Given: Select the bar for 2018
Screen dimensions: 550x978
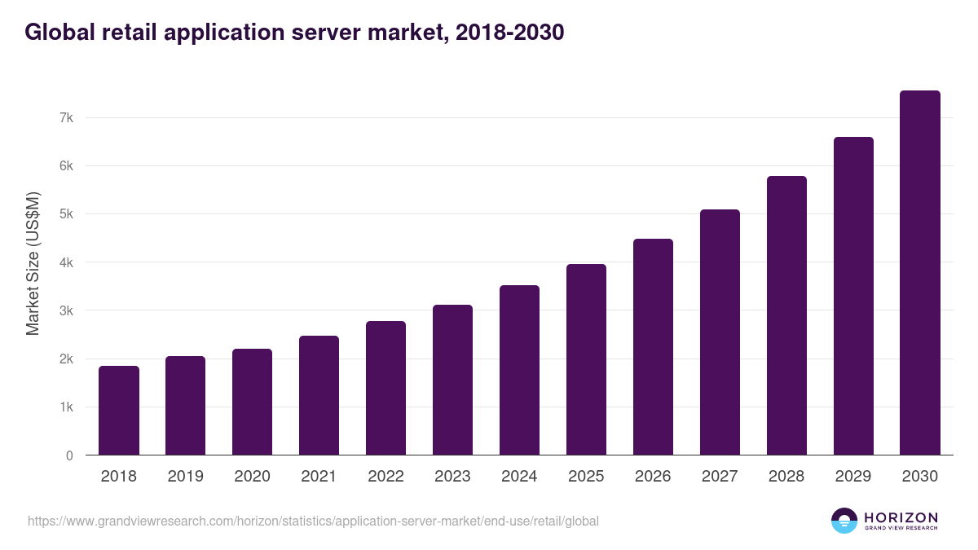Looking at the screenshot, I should tap(119, 411).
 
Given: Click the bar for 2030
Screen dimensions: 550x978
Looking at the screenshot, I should tap(920, 273).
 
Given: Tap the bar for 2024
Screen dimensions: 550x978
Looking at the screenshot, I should tap(519, 370).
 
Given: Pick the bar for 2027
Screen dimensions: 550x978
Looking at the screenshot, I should tap(720, 332).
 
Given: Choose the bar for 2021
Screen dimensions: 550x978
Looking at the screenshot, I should tap(319, 395).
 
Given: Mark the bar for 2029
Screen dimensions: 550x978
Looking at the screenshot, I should tap(853, 296).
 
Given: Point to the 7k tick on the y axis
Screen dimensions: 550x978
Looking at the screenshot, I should tap(66, 118).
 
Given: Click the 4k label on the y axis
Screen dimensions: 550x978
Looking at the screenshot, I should tap(66, 263).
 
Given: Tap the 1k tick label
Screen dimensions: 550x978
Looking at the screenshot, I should tap(66, 407).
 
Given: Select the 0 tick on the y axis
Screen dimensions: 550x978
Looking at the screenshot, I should tap(69, 455).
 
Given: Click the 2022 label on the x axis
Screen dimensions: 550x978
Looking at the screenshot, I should tap(385, 477).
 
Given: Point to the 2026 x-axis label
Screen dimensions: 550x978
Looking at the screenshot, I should tap(653, 477).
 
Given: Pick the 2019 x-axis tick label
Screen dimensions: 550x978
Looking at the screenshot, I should tap(186, 477).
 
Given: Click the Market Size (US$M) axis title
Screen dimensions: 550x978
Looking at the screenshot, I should tap(33, 263).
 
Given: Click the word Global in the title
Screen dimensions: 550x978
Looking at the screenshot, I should tap(59, 33).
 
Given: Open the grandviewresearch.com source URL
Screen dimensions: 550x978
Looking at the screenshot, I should tap(313, 521).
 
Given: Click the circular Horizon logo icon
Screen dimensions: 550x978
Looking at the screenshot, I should tap(844, 521).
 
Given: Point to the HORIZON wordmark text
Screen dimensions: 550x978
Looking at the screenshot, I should tap(901, 517).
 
